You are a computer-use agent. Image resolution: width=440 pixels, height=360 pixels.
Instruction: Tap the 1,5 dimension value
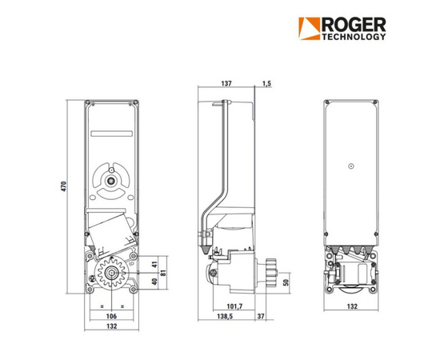pyautogui.click(x=266, y=83)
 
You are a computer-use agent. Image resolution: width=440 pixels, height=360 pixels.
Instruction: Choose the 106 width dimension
pyautogui.click(x=111, y=315)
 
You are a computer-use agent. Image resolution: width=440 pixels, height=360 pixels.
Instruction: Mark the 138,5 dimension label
pyautogui.click(x=230, y=317)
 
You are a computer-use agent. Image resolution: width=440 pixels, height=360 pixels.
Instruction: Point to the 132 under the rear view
pyautogui.click(x=351, y=306)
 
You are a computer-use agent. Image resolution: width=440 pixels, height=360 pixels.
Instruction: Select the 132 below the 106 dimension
pyautogui.click(x=111, y=326)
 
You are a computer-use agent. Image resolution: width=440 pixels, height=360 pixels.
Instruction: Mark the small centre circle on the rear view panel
pyautogui.click(x=350, y=166)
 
